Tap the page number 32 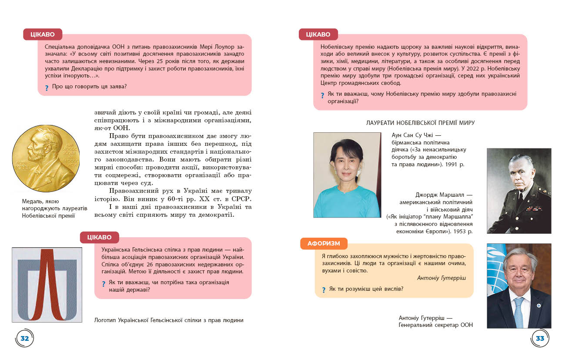click(25, 338)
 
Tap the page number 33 click(540, 338)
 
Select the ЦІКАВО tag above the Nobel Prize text click(318, 34)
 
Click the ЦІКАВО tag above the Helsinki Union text click(99, 237)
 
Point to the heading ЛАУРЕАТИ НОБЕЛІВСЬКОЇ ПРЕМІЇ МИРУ click(420, 123)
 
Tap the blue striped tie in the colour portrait click(518, 312)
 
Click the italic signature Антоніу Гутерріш click(441, 278)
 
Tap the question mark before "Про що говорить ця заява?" click(47, 87)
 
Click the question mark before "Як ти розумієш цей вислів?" click(323, 289)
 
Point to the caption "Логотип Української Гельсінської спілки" click(169, 320)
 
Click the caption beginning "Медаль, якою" click(54, 208)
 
